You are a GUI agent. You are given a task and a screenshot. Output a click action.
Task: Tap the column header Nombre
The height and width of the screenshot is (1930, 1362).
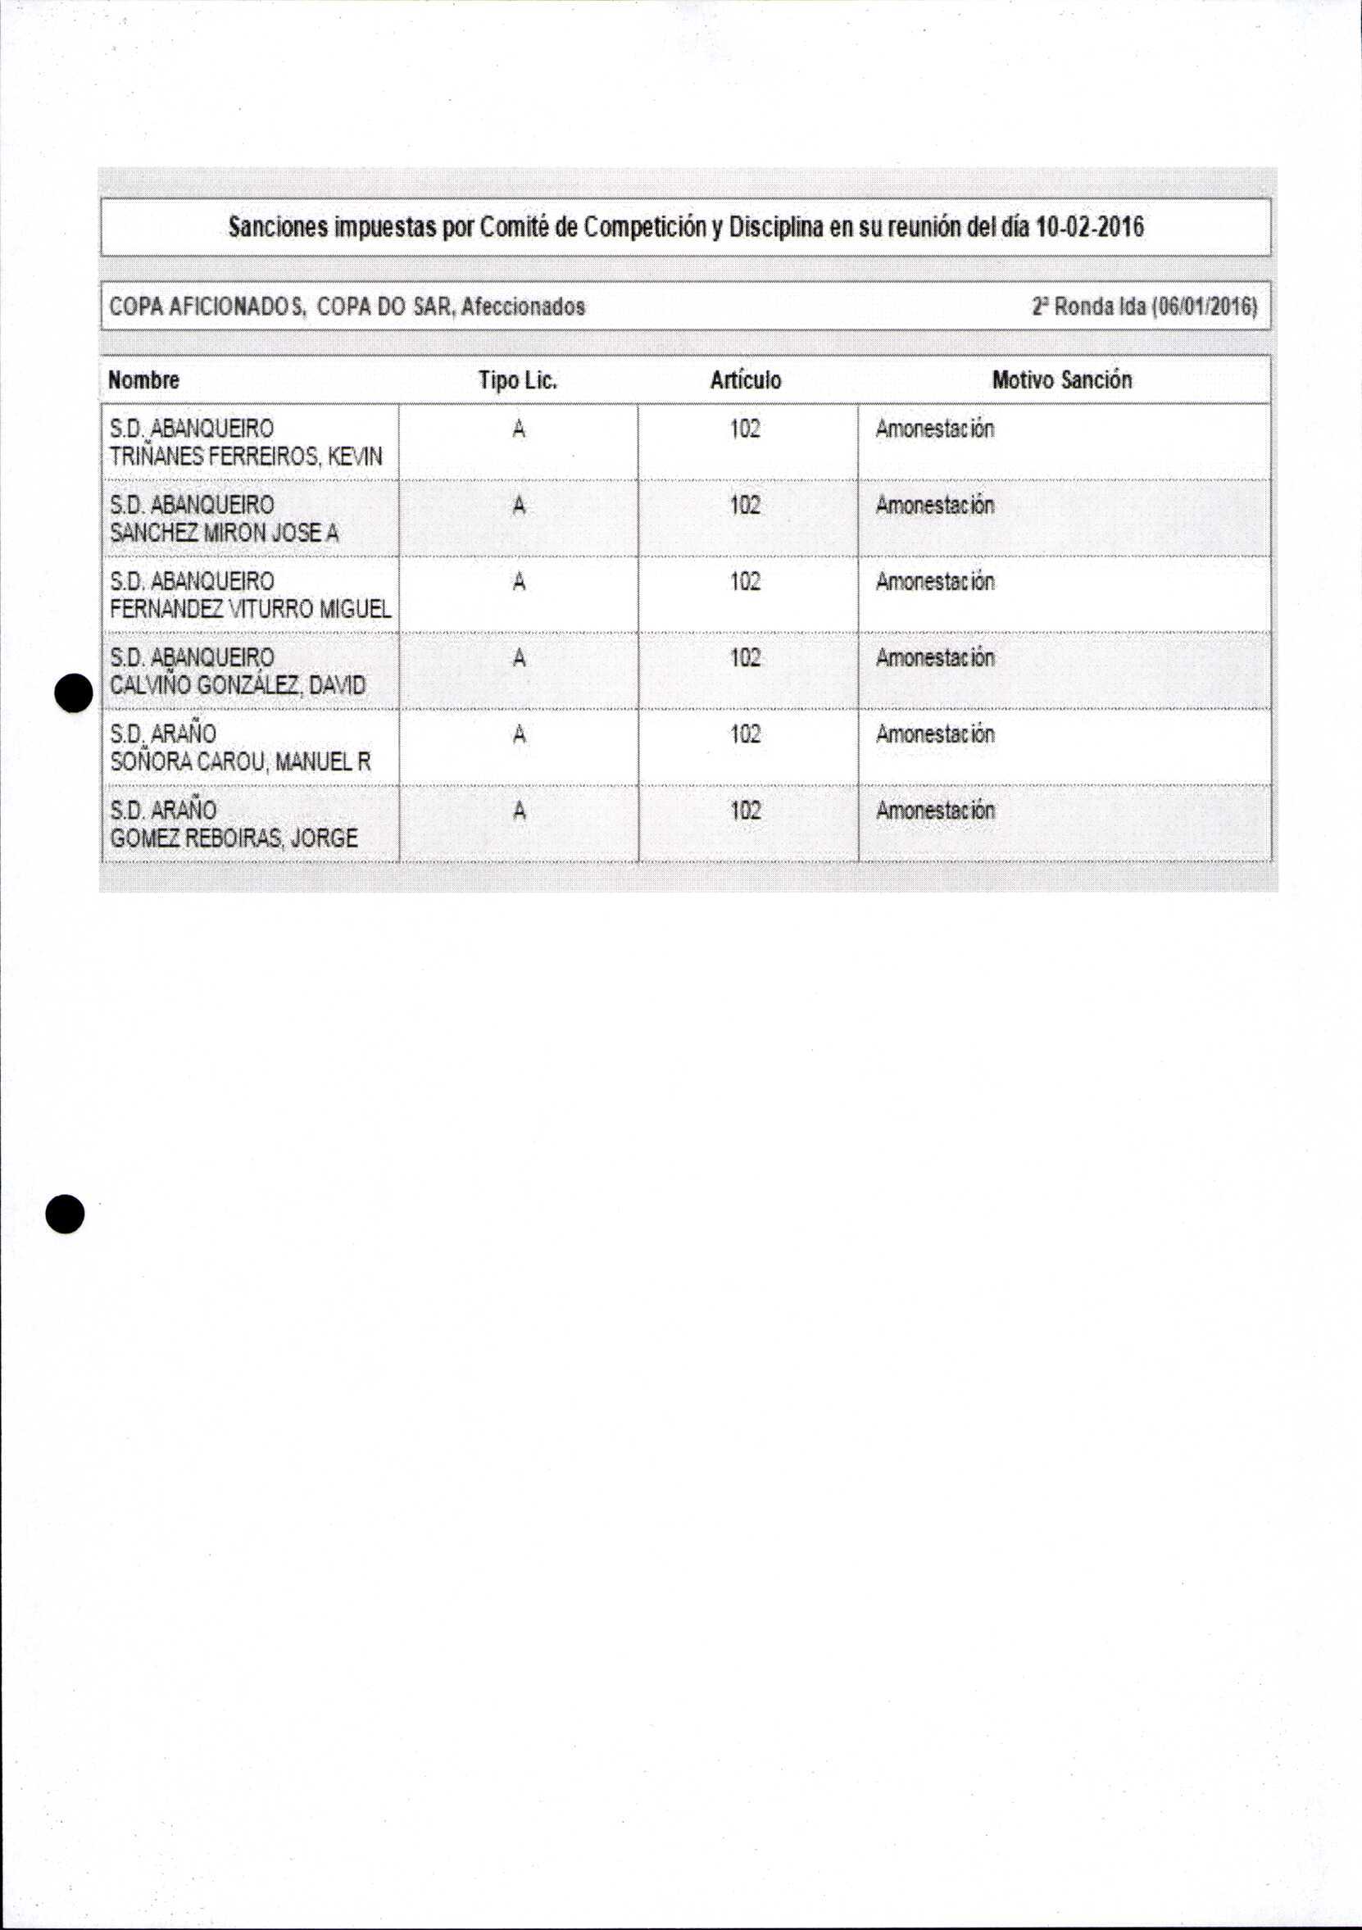(143, 380)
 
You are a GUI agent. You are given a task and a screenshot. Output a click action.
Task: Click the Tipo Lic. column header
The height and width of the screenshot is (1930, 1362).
(518, 380)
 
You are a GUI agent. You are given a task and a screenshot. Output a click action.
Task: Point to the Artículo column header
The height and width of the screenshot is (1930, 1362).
(746, 380)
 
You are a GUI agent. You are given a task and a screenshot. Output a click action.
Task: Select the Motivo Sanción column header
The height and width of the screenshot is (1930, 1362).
(1062, 380)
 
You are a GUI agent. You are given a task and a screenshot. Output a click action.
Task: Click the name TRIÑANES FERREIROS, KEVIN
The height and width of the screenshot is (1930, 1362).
(246, 456)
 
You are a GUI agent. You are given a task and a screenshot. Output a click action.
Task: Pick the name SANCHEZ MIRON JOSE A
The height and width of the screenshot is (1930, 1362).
(224, 533)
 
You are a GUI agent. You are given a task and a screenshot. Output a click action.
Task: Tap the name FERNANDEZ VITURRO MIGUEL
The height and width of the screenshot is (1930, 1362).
(251, 609)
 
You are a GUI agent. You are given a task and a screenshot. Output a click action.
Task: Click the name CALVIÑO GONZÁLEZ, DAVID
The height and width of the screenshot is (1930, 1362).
(238, 685)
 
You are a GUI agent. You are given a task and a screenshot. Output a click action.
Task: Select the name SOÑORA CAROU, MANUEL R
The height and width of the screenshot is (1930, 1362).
(240, 761)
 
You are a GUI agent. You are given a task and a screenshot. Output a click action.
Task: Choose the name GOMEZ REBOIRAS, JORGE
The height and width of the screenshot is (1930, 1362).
(234, 838)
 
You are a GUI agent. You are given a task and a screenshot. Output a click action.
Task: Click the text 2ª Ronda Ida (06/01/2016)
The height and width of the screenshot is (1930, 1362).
(1144, 306)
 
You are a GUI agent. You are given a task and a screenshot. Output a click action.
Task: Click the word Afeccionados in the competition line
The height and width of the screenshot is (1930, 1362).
(523, 306)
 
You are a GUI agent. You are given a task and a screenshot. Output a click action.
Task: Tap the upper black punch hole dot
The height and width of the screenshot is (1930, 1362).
(73, 693)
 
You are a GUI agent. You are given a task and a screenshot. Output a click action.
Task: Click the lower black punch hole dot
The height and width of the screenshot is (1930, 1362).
(66, 1214)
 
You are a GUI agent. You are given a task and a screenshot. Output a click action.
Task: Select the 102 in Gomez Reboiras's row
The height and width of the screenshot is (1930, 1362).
(745, 811)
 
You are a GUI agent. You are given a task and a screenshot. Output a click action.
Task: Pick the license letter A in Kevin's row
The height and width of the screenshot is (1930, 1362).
(519, 429)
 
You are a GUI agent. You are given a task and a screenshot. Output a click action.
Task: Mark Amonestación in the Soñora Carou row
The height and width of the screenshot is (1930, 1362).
(935, 733)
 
